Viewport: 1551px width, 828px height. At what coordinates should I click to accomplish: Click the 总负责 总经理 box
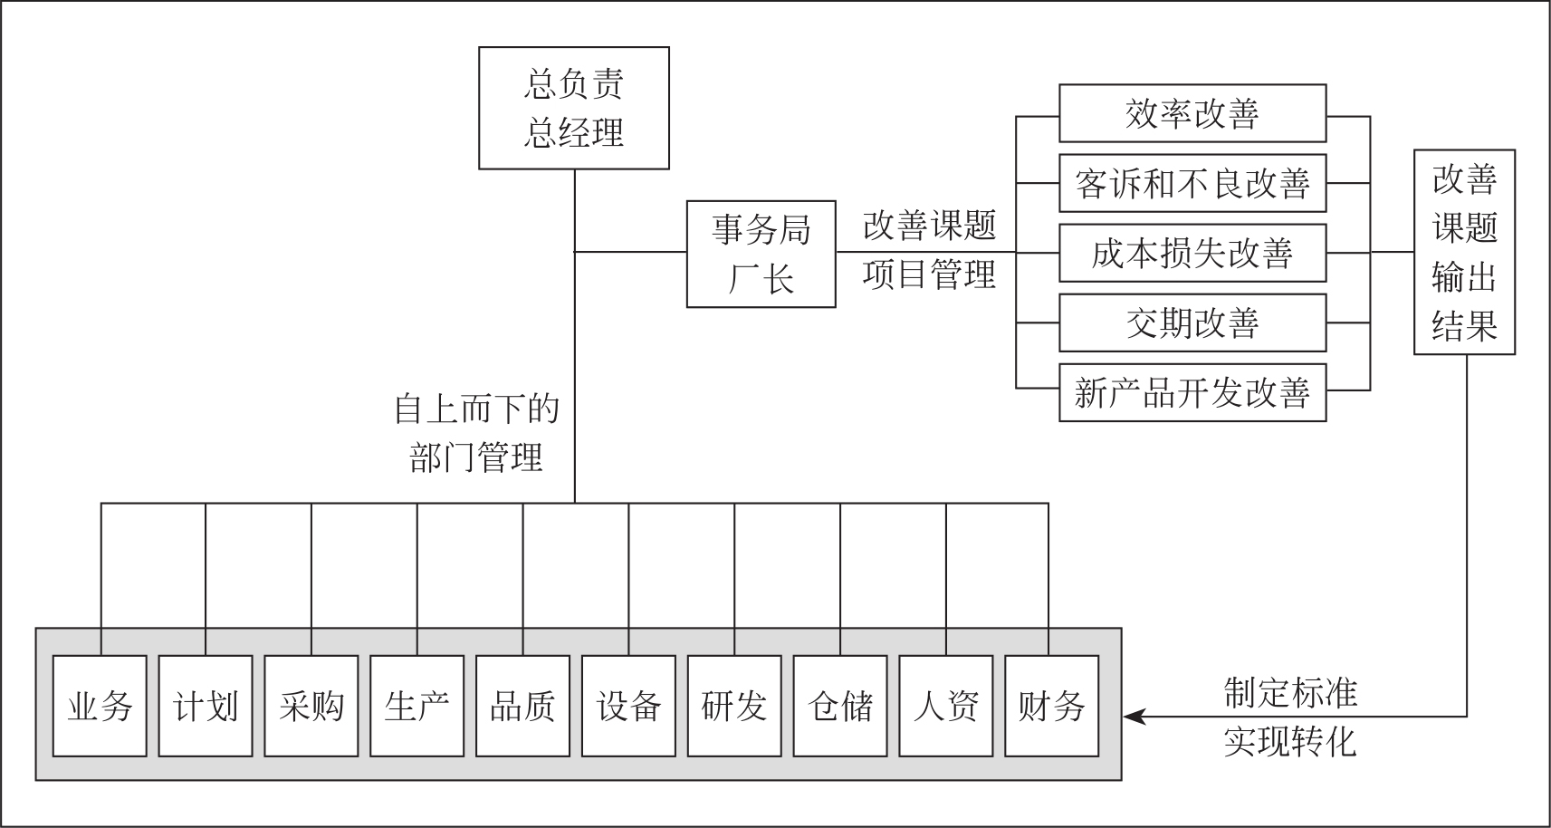(x=573, y=108)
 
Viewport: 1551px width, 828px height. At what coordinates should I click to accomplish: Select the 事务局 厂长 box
(x=761, y=255)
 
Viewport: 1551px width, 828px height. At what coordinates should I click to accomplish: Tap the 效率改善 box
(x=1192, y=113)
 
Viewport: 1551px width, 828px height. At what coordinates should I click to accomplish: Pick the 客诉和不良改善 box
(x=1192, y=183)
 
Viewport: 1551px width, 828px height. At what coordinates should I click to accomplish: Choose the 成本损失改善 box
(x=1192, y=253)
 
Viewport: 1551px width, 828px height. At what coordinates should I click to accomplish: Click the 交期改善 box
(x=1192, y=323)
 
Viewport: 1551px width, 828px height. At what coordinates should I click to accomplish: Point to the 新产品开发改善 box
(x=1192, y=392)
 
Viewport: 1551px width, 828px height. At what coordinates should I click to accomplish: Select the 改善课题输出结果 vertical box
(x=1464, y=252)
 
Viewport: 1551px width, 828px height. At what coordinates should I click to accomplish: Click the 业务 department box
(x=100, y=706)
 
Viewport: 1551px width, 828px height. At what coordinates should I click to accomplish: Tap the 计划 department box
(x=206, y=706)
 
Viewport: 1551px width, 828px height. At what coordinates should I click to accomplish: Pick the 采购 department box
(x=311, y=706)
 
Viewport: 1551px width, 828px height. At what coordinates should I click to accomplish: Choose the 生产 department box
(x=416, y=706)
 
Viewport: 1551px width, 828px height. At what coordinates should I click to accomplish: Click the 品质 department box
(x=522, y=706)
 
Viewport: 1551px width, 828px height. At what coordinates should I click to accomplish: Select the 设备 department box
(x=628, y=706)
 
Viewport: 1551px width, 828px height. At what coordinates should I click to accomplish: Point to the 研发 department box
(x=734, y=706)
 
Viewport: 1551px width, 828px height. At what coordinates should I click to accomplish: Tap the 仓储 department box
(x=840, y=706)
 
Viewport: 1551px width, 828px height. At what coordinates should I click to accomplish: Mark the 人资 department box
(x=946, y=706)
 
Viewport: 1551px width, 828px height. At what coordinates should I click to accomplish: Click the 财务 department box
(x=1051, y=706)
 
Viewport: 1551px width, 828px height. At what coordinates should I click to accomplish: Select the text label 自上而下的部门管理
(x=476, y=433)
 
